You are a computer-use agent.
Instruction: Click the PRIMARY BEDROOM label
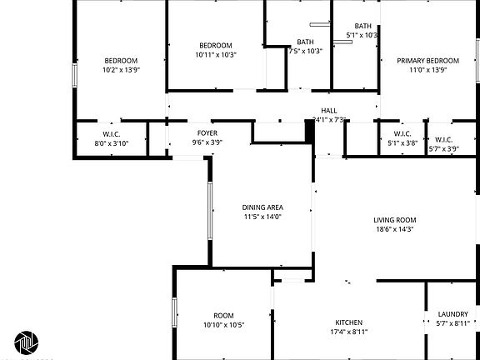pos(427,60)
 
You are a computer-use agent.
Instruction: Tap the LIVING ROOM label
pos(394,220)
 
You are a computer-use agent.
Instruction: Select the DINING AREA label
pos(262,207)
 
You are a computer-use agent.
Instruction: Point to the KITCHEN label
pos(347,322)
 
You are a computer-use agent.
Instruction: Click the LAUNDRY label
pos(452,314)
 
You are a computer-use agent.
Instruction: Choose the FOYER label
pos(207,133)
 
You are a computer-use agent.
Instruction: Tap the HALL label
pos(328,110)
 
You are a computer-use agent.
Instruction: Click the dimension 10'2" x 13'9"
pos(121,70)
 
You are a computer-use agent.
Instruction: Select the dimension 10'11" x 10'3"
pos(216,55)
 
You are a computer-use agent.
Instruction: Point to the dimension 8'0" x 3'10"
pos(112,143)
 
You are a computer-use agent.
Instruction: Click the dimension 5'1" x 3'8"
pos(402,143)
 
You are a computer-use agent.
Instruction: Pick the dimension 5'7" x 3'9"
pos(443,149)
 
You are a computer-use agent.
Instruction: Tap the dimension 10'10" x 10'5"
pos(223,325)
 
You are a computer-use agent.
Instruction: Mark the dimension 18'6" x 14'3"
pos(394,229)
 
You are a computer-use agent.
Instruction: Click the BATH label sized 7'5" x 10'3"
pos(305,42)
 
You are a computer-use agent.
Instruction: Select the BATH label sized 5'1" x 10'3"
pos(363,26)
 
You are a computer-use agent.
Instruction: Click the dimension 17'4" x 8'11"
pos(347,332)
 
